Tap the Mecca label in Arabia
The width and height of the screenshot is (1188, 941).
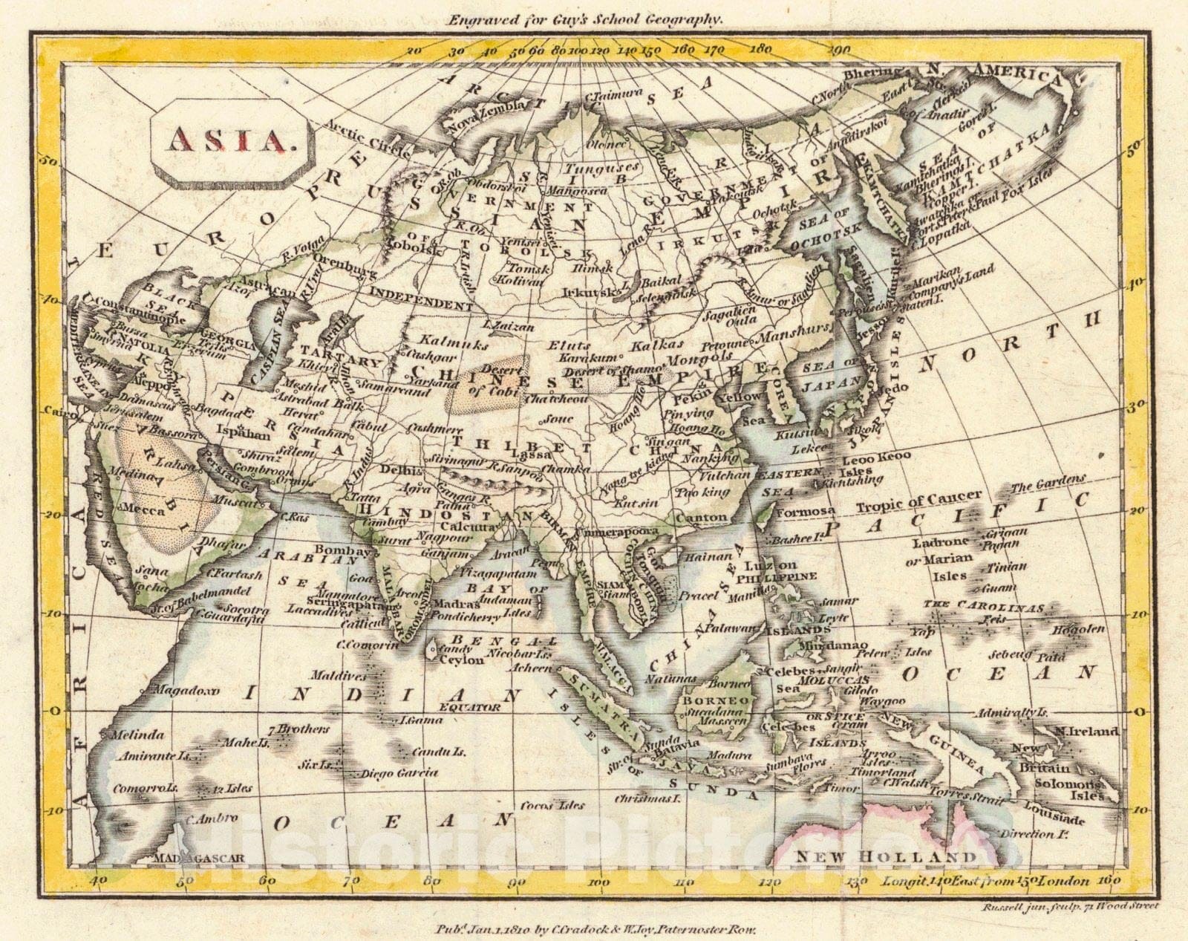(x=146, y=510)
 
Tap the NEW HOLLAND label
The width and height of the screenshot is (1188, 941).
(x=885, y=857)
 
